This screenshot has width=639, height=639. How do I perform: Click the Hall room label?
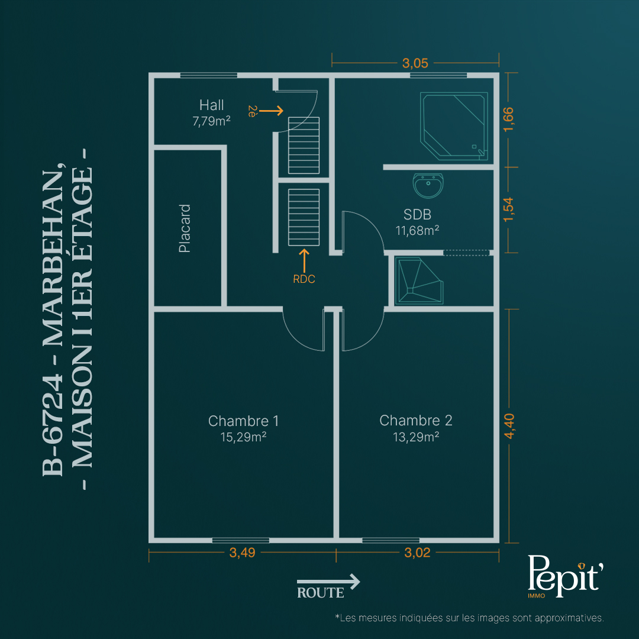tap(211, 105)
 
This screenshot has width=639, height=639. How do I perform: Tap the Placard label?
tap(185, 228)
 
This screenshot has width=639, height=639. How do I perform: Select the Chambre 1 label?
tap(243, 421)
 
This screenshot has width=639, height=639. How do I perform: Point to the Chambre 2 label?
tap(416, 421)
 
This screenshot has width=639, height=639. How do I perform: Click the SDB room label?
tap(417, 214)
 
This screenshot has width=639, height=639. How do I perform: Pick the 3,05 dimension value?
tap(415, 63)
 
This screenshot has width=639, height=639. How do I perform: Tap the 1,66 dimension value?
tap(508, 120)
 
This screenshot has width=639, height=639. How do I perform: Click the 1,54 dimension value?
tap(508, 209)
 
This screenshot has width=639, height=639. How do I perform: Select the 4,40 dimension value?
tap(509, 426)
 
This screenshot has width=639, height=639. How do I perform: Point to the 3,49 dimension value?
tap(242, 553)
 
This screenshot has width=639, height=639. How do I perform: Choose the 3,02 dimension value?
tap(417, 553)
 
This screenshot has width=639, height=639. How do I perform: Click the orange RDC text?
tap(304, 279)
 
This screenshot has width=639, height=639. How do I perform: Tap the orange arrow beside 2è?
tap(271, 111)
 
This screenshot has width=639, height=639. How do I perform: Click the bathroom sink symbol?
tap(428, 185)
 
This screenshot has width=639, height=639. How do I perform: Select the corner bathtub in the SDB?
tap(454, 126)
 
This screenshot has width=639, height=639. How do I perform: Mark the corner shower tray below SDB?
tap(419, 280)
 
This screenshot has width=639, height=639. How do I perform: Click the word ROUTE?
tap(320, 592)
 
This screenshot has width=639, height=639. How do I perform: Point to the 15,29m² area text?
tap(243, 437)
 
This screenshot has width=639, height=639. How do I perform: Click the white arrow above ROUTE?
tap(328, 581)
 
